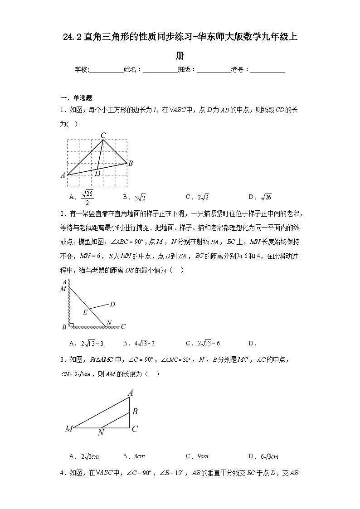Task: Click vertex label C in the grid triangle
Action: point(103,135)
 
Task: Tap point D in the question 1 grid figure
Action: point(97,173)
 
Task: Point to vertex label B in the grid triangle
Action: point(131,164)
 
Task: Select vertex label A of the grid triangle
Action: point(63,175)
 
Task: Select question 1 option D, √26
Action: point(260,197)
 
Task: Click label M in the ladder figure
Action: point(63,289)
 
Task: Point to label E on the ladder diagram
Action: point(85,312)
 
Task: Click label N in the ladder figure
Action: point(109,323)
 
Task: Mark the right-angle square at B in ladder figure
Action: point(71,325)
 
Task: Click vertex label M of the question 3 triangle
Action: point(69,429)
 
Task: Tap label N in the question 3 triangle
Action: point(101,433)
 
